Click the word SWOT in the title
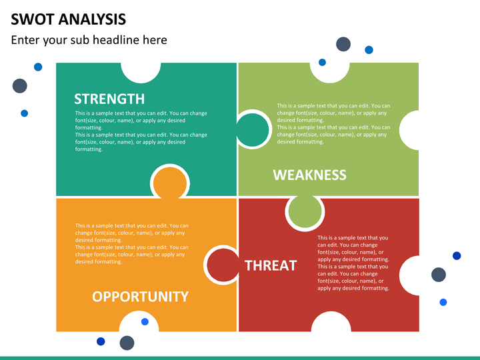pyautogui.click(x=32, y=19)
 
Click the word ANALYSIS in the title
pyautogui.click(x=92, y=19)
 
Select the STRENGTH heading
pyautogui.click(x=109, y=99)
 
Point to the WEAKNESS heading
pyautogui.click(x=309, y=175)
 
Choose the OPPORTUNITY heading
pyautogui.click(x=140, y=296)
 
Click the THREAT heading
pyautogui.click(x=271, y=265)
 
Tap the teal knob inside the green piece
pyautogui.click(x=252, y=129)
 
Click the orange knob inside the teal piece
pyautogui.click(x=170, y=183)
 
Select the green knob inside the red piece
pyautogui.click(x=305, y=211)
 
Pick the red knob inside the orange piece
pyautogui.click(x=223, y=265)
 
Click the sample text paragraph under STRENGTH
pyautogui.click(x=141, y=131)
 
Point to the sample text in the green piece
pyautogui.click(x=333, y=124)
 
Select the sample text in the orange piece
pyautogui.click(x=131, y=243)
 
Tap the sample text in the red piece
pyautogui.click(x=353, y=263)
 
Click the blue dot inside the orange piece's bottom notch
pyautogui.click(x=145, y=322)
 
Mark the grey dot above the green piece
pyautogui.click(x=343, y=44)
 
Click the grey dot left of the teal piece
pyautogui.click(x=19, y=86)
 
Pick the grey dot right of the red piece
pyautogui.click(x=439, y=275)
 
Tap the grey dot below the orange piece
pyautogui.click(x=127, y=343)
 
